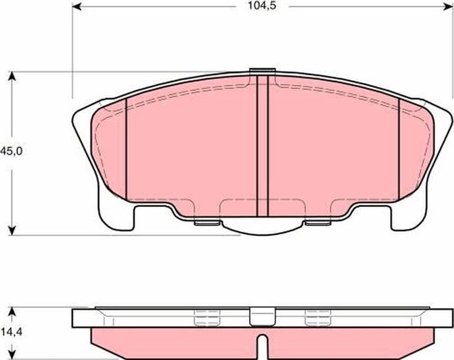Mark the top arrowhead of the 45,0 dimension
pyautogui.click(x=12, y=76)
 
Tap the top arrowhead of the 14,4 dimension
pyautogui.click(x=12, y=311)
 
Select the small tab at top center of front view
pyautogui.click(x=262, y=71)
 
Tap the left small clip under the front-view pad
pyautogui.click(x=206, y=223)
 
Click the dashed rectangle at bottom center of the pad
pyautogui.click(x=262, y=209)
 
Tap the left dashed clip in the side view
pyautogui.click(x=206, y=318)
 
